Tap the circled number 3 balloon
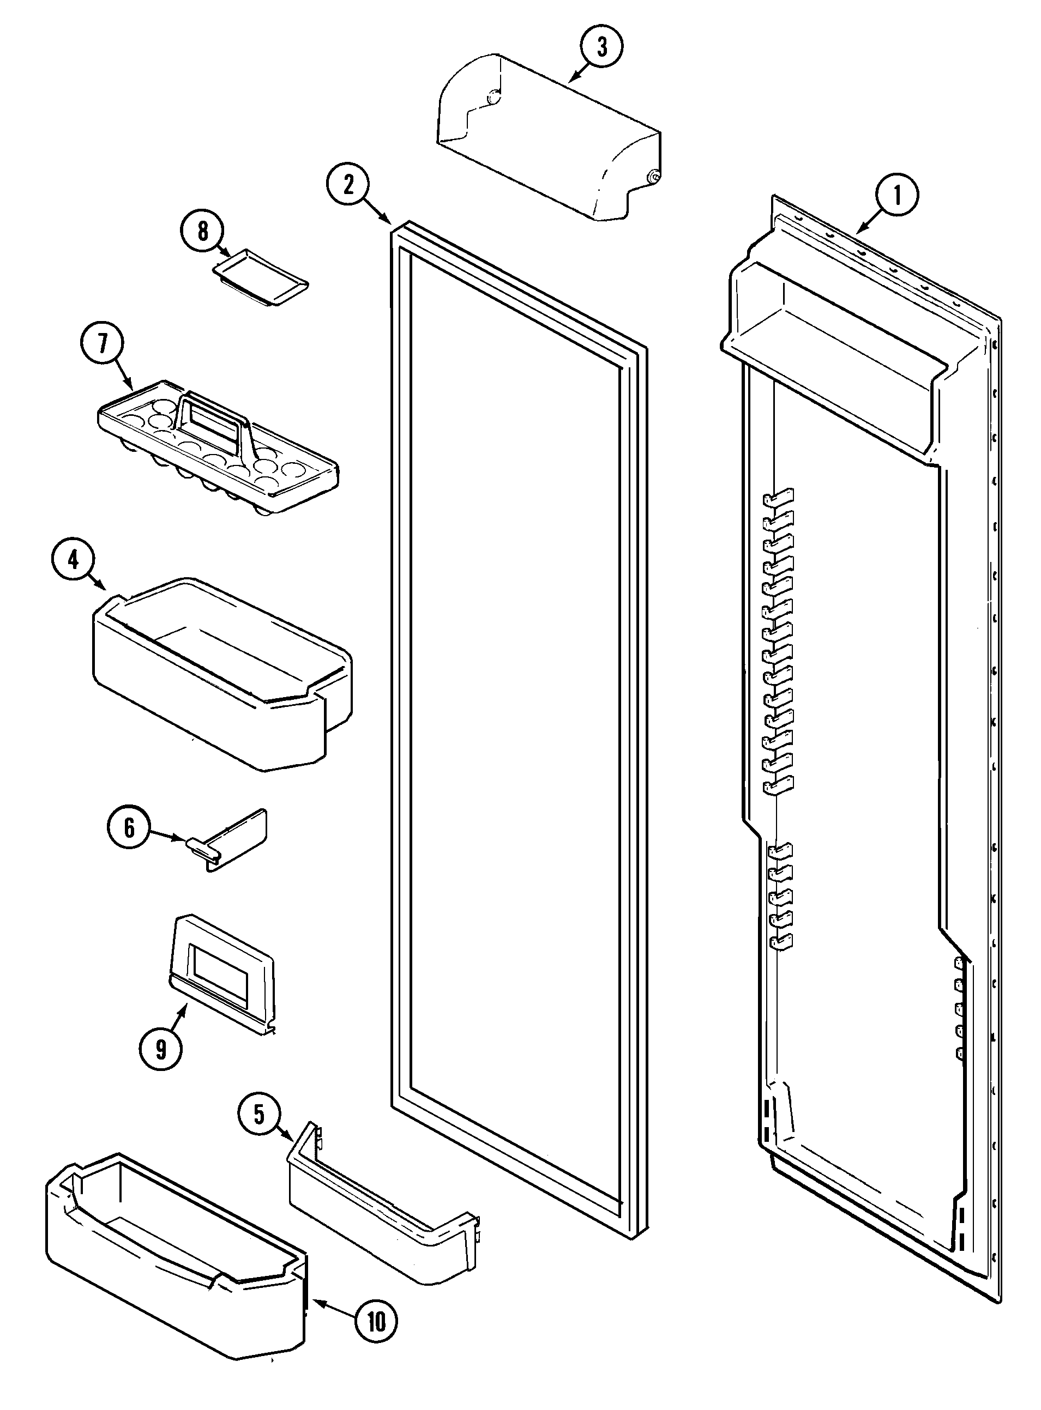coord(602,46)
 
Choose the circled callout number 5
coord(260,1114)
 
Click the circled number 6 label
coord(129,827)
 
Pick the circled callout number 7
coord(102,343)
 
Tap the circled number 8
coord(203,231)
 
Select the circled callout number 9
coord(161,1049)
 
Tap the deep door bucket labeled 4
coord(220,680)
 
